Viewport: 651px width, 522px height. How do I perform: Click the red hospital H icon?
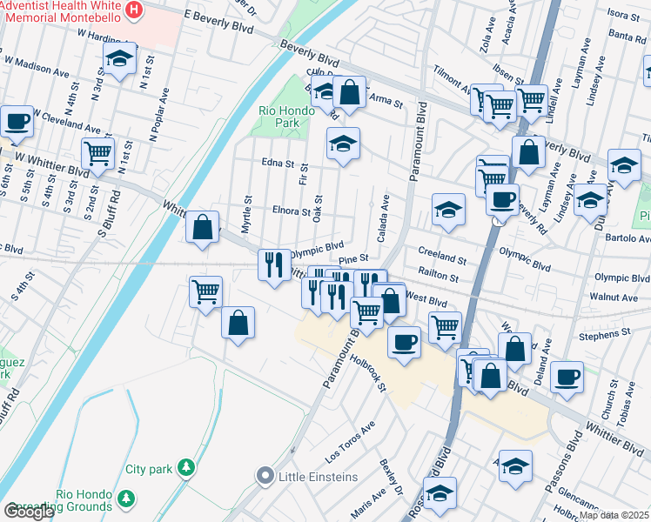click(x=134, y=10)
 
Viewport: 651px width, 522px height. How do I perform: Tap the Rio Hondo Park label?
click(x=279, y=117)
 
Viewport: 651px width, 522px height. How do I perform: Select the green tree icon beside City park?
click(x=185, y=468)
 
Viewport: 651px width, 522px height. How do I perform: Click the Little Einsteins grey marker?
click(x=265, y=476)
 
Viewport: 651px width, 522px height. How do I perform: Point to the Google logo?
click(x=29, y=512)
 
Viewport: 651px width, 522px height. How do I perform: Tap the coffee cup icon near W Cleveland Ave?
click(x=16, y=121)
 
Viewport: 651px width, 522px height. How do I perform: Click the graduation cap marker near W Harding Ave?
click(x=118, y=60)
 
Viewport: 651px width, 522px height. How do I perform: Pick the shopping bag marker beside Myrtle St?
click(x=202, y=229)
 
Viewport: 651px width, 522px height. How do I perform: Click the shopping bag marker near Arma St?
click(x=349, y=93)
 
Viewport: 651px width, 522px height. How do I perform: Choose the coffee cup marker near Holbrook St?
click(x=403, y=342)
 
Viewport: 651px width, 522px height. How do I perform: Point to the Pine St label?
click(x=354, y=259)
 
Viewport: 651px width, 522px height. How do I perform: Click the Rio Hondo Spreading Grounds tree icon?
click(x=126, y=499)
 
